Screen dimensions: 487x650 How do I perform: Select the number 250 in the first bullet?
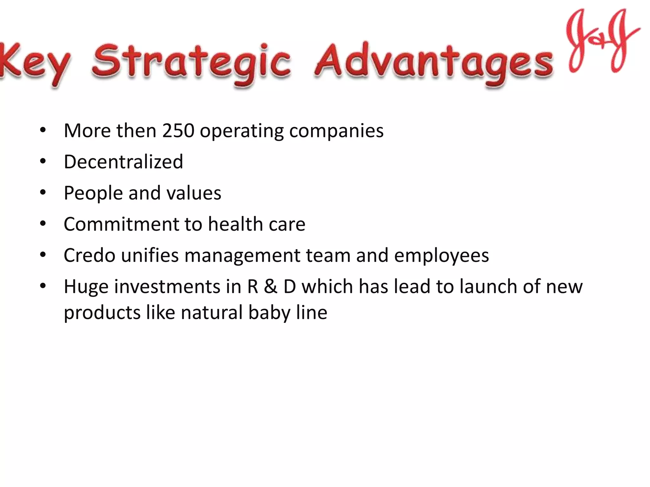(x=178, y=130)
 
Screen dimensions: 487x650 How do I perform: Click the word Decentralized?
(x=123, y=162)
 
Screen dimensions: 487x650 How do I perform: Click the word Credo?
(x=90, y=255)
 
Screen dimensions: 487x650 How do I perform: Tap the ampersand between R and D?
(x=271, y=286)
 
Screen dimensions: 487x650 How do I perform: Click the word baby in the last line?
(x=269, y=313)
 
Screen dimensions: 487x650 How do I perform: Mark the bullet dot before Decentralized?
(x=43, y=161)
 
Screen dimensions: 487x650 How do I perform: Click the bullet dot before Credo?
(x=43, y=255)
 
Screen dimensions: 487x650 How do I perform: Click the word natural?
(x=212, y=313)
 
